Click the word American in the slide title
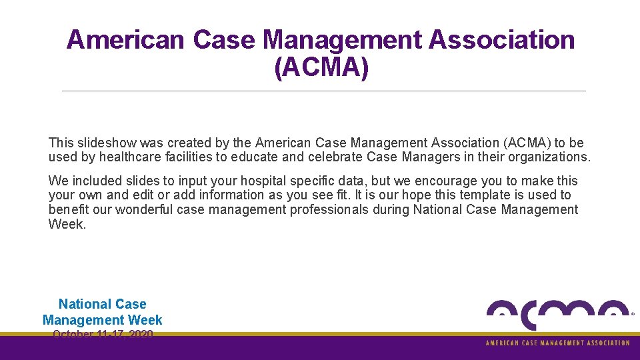[125, 40]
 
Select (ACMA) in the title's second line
[321, 67]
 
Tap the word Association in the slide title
[501, 40]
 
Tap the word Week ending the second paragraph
[67, 224]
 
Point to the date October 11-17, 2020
[103, 333]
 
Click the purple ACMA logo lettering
[557, 314]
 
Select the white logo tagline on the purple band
[557, 343]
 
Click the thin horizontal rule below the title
[323, 91]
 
